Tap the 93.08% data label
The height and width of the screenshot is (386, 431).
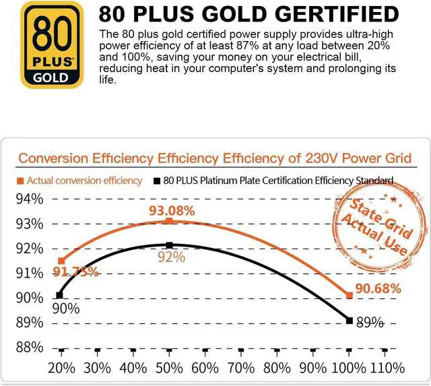point(172,211)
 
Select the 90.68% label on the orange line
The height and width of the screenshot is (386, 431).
point(377,288)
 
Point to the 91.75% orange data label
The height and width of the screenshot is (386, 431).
point(76,272)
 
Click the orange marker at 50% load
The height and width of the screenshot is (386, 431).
point(169,221)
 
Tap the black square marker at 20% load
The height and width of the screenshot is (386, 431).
point(60,294)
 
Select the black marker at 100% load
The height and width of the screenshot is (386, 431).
point(349,320)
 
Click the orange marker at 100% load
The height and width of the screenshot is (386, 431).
point(349,295)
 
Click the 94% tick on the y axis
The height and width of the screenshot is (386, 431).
point(29,199)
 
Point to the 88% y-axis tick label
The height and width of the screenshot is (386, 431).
point(29,347)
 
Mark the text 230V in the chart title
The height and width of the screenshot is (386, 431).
point(327,158)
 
